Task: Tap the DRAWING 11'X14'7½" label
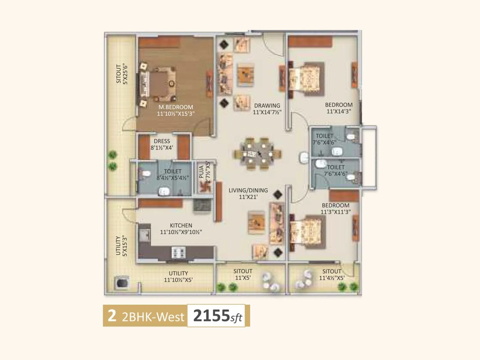click(x=267, y=109)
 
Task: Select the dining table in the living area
click(x=258, y=154)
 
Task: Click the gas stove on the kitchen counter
click(x=178, y=252)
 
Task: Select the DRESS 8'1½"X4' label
click(x=162, y=144)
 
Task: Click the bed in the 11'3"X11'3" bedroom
click(x=307, y=232)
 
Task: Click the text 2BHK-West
click(x=153, y=317)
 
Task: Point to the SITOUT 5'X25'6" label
click(x=122, y=74)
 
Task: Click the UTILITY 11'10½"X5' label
click(x=178, y=277)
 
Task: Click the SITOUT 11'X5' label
click(x=243, y=274)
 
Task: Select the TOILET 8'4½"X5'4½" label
click(x=172, y=174)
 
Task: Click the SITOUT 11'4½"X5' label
click(x=331, y=274)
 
